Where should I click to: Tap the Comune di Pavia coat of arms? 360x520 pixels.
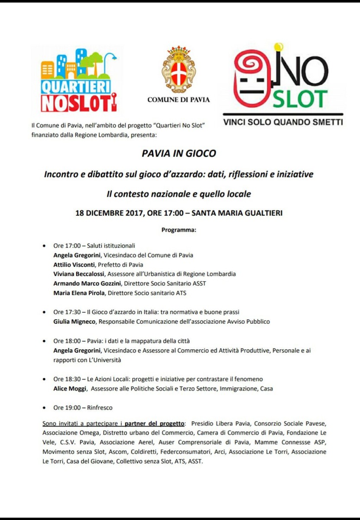[x=178, y=69]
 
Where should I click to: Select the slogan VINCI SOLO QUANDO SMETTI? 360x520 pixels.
[x=283, y=122]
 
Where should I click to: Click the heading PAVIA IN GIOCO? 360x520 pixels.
[x=178, y=153]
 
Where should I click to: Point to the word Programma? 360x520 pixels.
[x=178, y=230]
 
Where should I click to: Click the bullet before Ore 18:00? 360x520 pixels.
[x=44, y=341]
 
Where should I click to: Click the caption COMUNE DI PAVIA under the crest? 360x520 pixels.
[x=178, y=100]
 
